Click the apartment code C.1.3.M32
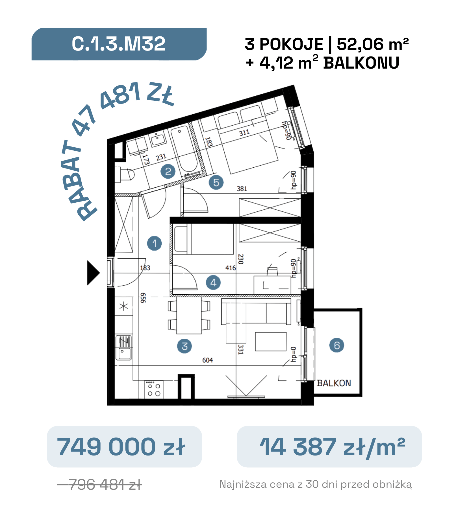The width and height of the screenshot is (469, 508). [118, 44]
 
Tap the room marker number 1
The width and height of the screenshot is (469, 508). [155, 243]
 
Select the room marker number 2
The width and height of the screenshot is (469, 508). [168, 171]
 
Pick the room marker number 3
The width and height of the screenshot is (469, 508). [184, 346]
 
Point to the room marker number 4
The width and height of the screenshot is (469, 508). [214, 283]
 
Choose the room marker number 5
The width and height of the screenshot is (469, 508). [216, 182]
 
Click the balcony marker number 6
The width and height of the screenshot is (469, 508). [337, 345]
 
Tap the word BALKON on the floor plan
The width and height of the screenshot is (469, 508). [334, 383]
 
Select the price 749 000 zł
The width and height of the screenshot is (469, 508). [121, 447]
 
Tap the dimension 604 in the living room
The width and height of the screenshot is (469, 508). [208, 360]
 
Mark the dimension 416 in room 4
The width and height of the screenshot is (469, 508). [231, 268]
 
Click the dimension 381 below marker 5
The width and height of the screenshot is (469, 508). [242, 189]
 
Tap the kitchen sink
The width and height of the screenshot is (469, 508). [123, 348]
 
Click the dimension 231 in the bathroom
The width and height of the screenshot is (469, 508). [161, 157]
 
